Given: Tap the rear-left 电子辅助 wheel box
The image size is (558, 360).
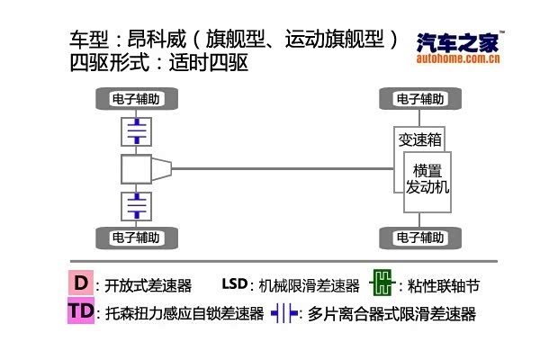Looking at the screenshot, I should (x=136, y=238).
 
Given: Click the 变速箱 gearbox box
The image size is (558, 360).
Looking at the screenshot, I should (x=419, y=139).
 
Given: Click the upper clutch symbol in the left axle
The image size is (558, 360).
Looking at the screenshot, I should (x=136, y=132).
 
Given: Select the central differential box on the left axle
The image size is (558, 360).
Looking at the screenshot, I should (x=137, y=167).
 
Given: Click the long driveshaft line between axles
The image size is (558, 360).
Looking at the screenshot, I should (x=279, y=167).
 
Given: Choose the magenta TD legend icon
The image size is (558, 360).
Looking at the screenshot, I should (x=80, y=311).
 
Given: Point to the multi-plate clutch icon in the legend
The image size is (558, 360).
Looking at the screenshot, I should (x=285, y=314).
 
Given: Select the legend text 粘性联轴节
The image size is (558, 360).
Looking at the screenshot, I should (x=444, y=286).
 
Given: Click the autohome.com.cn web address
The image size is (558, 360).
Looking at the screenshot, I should (x=459, y=59).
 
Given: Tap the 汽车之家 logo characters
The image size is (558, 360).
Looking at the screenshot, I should (x=457, y=42).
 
